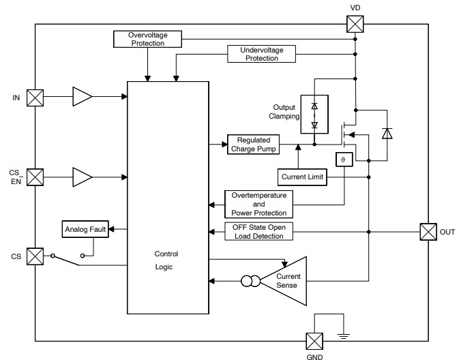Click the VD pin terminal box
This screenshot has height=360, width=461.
(355, 25)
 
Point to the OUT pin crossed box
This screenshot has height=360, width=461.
(428, 232)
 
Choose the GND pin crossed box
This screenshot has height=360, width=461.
(314, 340)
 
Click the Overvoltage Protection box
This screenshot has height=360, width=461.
(147, 39)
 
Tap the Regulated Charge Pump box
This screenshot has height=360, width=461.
(254, 144)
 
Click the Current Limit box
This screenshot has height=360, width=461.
(303, 177)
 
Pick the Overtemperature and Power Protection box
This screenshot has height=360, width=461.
(258, 203)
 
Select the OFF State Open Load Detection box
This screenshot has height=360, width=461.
(258, 232)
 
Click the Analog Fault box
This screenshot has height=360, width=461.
(85, 230)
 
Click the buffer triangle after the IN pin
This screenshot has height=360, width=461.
(82, 97)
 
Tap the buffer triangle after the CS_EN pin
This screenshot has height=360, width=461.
(82, 177)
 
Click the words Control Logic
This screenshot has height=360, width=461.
(166, 260)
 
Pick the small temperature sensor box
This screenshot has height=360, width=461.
(343, 159)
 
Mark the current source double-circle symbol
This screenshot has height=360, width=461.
(248, 280)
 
